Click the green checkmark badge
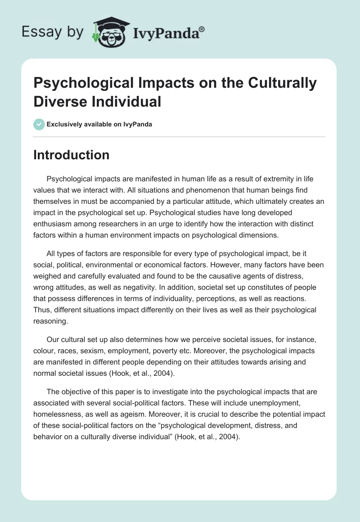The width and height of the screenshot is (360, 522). point(40,124)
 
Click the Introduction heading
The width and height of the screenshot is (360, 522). point(72,155)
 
